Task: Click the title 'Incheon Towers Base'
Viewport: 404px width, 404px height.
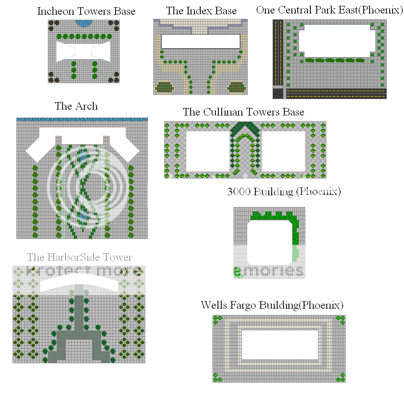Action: [x=87, y=11]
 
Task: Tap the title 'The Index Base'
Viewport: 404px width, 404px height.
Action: [x=201, y=11]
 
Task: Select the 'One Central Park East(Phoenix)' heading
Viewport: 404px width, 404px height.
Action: [x=330, y=10]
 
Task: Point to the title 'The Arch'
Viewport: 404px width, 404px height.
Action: [x=76, y=106]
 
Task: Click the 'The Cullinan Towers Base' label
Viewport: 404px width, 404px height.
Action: [x=244, y=112]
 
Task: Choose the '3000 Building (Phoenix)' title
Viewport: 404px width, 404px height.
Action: [x=284, y=192]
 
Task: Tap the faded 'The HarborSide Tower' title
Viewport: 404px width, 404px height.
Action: [x=80, y=257]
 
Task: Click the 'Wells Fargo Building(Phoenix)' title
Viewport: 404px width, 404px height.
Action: [x=272, y=305]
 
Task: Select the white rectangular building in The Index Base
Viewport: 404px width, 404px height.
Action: [x=200, y=41]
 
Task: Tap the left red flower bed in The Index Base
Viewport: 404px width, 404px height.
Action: [x=164, y=87]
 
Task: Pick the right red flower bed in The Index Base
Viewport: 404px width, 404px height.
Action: [x=237, y=87]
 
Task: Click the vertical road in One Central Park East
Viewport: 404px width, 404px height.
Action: [x=278, y=52]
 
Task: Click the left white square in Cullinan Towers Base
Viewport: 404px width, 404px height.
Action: [x=207, y=151]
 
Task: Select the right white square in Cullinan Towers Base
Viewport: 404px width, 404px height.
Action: [x=283, y=151]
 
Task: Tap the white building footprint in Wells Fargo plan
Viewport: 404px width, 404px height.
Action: [x=280, y=345]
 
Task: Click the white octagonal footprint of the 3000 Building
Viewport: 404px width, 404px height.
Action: [x=270, y=242]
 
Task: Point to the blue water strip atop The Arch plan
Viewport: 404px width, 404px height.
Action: [x=82, y=120]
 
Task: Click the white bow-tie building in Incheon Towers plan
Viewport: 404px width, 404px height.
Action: [x=83, y=51]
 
